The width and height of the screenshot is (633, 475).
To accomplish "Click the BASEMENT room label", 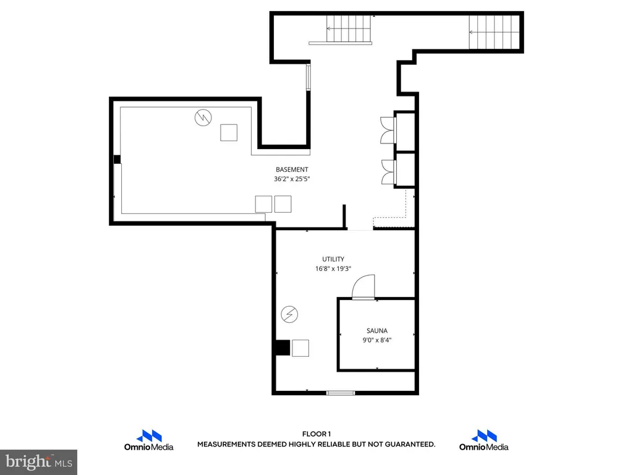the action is [x=292, y=169].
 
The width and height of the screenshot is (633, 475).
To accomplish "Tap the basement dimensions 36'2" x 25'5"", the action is [x=292, y=179].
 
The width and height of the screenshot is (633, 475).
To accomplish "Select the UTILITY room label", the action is [x=333, y=259].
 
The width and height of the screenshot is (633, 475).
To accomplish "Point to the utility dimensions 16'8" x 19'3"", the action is [x=333, y=268].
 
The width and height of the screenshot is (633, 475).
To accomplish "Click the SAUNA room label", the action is [x=377, y=331].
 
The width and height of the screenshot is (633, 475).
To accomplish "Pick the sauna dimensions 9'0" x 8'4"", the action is [x=377, y=340].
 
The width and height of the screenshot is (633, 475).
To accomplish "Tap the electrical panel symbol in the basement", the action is [x=203, y=118].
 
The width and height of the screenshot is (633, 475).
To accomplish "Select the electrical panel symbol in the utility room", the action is [x=289, y=314].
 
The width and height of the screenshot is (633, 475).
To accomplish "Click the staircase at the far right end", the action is [x=494, y=32].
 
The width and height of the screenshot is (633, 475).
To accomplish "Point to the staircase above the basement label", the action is [x=349, y=29].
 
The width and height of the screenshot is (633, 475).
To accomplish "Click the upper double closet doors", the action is [x=388, y=130].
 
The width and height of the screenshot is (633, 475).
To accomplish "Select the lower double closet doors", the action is [x=388, y=173].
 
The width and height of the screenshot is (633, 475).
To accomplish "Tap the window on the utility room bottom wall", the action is [x=341, y=393].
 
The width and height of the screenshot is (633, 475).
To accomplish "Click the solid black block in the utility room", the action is [x=283, y=348].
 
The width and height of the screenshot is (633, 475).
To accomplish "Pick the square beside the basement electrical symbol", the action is [x=229, y=132].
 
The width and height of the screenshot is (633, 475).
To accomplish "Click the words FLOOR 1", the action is [x=316, y=434].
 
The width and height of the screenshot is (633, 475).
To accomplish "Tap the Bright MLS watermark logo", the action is [x=39, y=462].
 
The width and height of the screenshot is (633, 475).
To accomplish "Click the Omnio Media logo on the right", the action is [x=483, y=440].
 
